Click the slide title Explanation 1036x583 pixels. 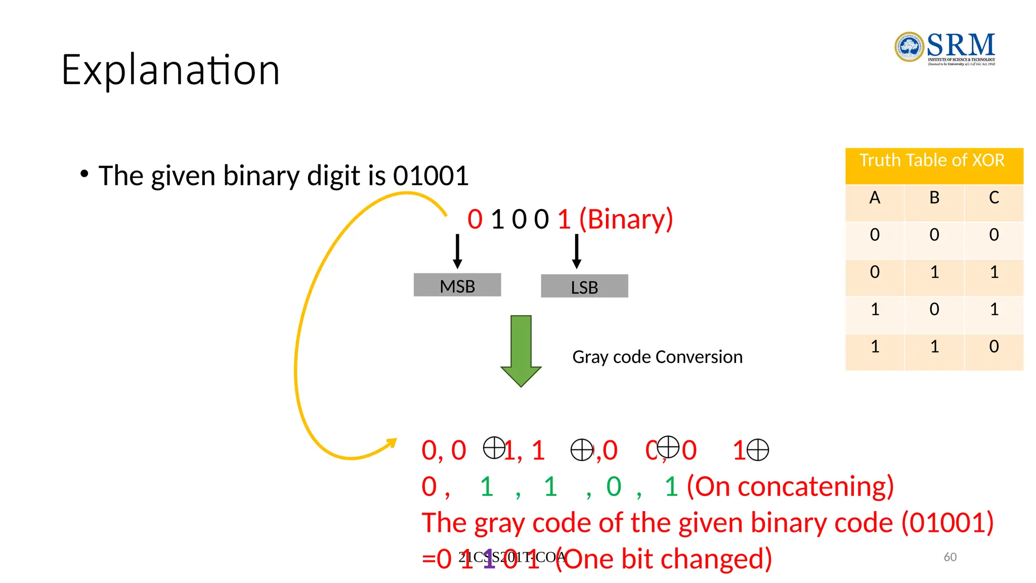click(170, 70)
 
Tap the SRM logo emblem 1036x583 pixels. click(909, 47)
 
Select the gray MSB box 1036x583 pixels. click(457, 285)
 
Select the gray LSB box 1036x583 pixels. click(584, 286)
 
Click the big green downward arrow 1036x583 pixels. click(521, 350)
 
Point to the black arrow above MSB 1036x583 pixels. click(457, 251)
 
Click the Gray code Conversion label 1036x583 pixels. click(657, 357)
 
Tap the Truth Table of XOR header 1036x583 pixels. click(932, 161)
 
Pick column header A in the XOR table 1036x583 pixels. click(875, 198)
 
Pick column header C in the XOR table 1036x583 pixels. click(994, 198)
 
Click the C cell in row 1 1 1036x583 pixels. click(994, 347)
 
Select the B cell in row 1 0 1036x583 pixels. click(934, 309)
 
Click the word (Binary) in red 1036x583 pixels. click(626, 219)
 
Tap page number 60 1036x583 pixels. click(950, 557)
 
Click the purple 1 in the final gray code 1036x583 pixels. click(489, 560)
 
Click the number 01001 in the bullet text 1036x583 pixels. click(431, 176)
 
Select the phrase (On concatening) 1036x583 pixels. click(790, 487)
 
